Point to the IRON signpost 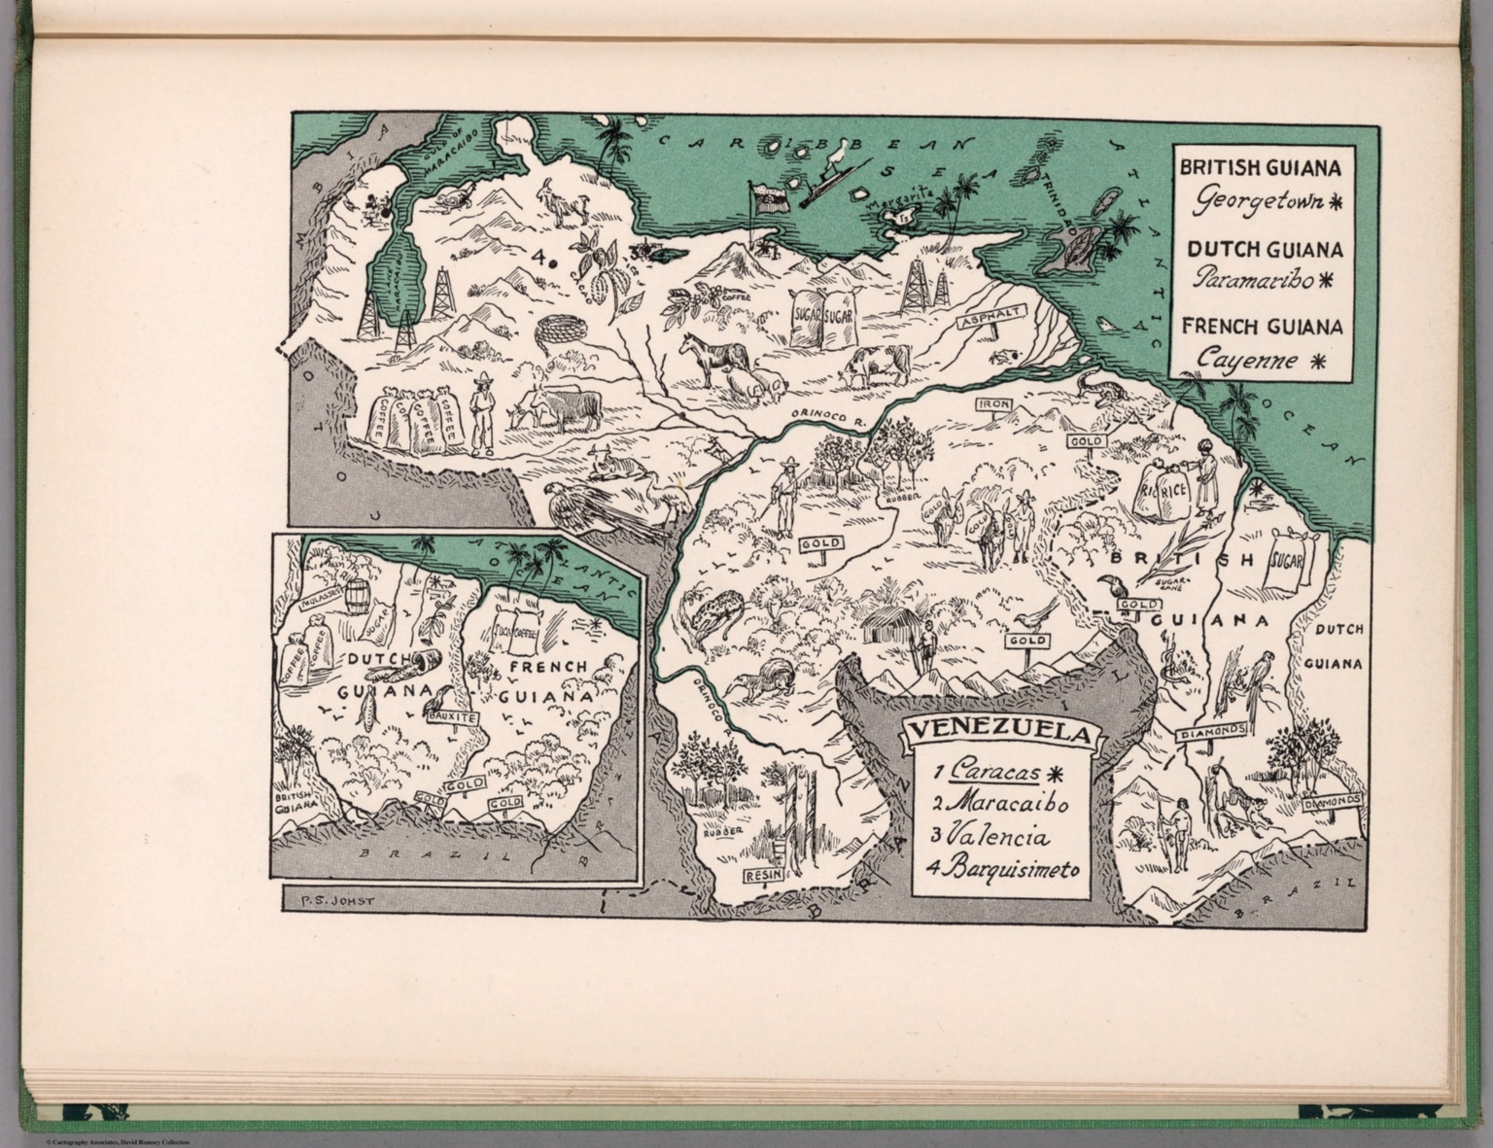coord(995,404)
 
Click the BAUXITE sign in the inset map coord(452,716)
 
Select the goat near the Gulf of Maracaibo coord(564,201)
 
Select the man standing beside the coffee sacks coord(481,413)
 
